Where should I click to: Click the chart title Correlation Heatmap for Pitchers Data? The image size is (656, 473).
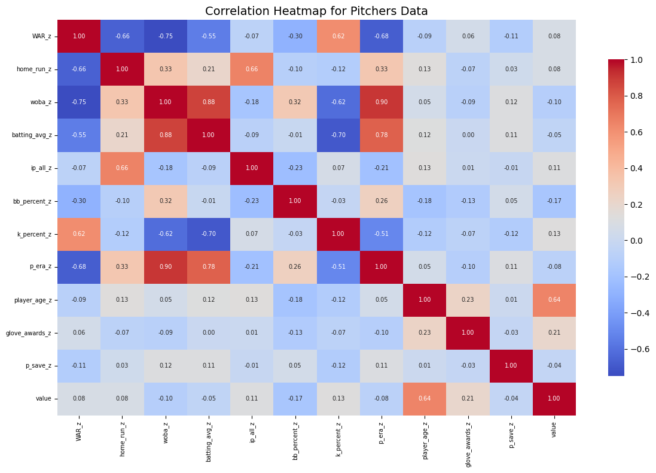[x=316, y=11]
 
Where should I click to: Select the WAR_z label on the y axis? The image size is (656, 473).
[x=41, y=37]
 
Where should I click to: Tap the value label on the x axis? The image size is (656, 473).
[x=554, y=430]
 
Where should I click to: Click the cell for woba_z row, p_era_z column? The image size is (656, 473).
[x=382, y=102]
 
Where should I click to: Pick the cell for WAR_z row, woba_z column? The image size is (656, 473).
[x=166, y=37]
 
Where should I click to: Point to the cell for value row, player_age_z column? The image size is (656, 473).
[x=425, y=399]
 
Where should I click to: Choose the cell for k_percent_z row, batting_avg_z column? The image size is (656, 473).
[x=209, y=234]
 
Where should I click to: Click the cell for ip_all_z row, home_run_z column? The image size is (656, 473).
[x=122, y=168]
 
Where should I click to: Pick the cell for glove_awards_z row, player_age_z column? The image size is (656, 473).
[x=425, y=333]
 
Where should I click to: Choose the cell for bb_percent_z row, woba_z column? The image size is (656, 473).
[x=166, y=201]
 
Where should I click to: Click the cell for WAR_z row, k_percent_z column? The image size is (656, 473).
[x=338, y=37]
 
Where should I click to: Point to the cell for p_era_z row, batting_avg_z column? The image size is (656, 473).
[x=209, y=267]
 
